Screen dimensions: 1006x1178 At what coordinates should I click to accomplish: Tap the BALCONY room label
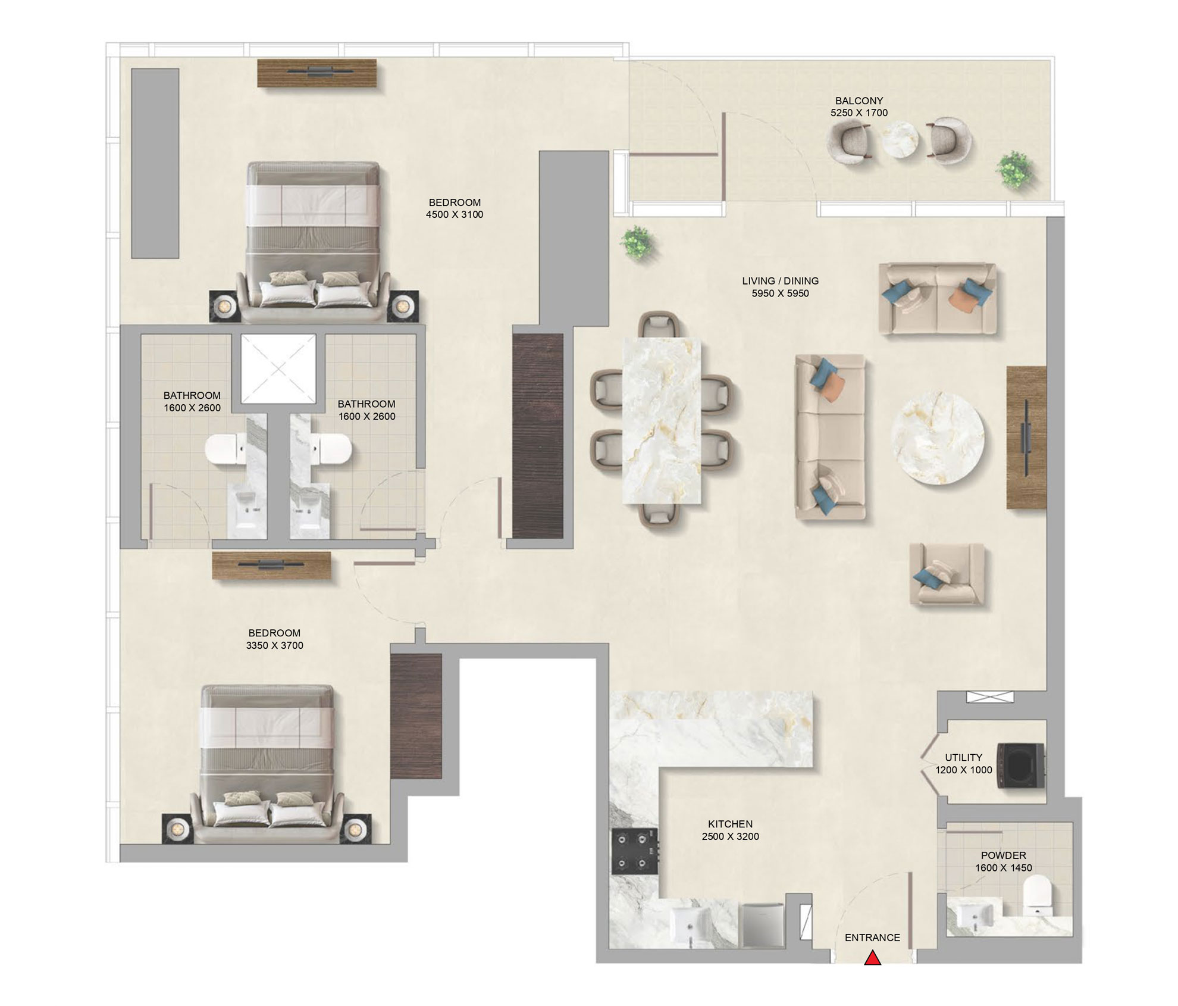[859, 101]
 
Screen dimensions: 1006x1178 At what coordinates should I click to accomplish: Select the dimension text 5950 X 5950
[780, 293]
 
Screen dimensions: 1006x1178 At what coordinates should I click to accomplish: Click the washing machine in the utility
[1021, 766]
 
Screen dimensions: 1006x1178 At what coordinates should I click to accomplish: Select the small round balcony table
[899, 139]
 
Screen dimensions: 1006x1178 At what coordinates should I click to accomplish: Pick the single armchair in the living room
[947, 574]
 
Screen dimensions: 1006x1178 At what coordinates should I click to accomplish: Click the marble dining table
[662, 421]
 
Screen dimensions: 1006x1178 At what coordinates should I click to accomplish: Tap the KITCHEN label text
[730, 824]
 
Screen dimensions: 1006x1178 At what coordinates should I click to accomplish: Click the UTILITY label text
[963, 757]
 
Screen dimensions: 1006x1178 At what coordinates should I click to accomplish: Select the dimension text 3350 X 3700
[274, 645]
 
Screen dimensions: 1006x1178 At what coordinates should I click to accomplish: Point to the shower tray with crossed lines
[278, 369]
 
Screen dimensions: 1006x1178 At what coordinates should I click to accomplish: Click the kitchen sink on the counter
[690, 925]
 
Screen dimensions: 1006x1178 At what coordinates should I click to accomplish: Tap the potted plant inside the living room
[637, 242]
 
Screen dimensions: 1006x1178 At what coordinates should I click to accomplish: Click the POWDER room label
[1003, 855]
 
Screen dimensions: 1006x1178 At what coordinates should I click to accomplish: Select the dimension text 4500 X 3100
[454, 214]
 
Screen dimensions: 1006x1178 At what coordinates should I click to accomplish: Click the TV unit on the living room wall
[1026, 438]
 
